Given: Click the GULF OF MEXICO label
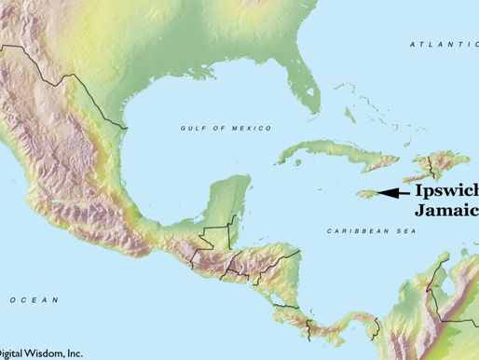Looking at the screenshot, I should (x=226, y=127).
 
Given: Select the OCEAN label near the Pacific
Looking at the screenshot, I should (x=34, y=300).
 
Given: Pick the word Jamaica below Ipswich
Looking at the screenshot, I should (x=445, y=212).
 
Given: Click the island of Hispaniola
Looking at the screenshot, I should (x=433, y=171).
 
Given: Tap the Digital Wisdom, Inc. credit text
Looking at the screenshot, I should (x=42, y=353).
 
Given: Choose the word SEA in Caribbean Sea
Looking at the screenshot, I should (x=393, y=229).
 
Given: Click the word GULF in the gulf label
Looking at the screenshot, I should (x=197, y=127).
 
